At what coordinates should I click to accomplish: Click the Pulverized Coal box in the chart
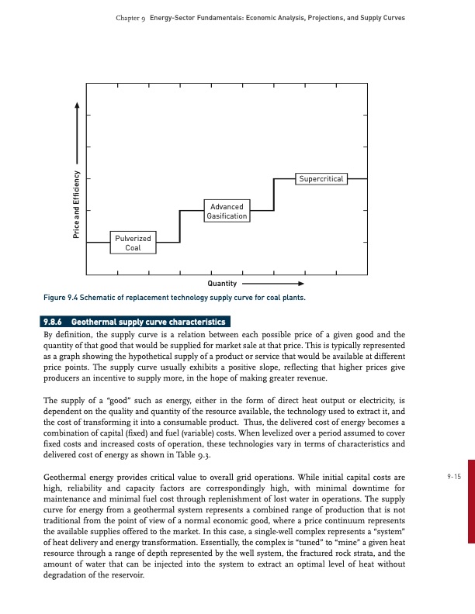(x=133, y=242)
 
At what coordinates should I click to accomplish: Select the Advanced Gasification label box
(x=226, y=211)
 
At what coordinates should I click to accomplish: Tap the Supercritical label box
(x=321, y=179)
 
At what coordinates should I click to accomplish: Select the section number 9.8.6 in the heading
(x=55, y=321)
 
